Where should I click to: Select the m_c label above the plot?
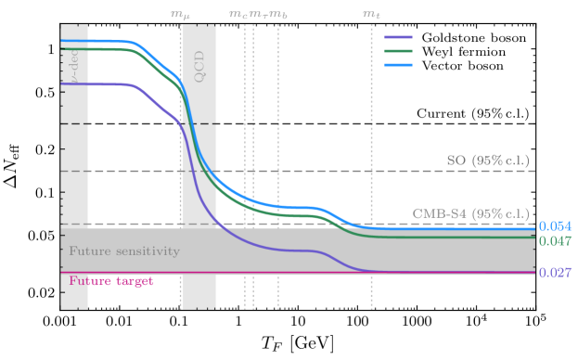click(238, 15)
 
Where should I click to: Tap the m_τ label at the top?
click(258, 15)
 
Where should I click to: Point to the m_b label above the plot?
click(277, 15)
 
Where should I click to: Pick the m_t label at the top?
click(371, 15)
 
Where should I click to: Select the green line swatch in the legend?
click(398, 51)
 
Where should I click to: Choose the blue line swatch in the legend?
click(398, 65)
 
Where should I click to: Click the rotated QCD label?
click(198, 66)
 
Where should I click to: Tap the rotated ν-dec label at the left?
click(74, 66)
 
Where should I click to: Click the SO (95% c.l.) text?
click(488, 160)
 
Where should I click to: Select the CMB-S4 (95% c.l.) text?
click(471, 213)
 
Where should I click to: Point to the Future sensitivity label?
click(124, 251)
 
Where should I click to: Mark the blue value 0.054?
click(555, 226)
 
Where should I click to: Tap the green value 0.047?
click(555, 240)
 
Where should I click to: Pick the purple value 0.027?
click(555, 274)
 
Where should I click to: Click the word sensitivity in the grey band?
click(147, 251)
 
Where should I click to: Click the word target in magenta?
click(134, 280)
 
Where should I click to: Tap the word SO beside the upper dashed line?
click(456, 160)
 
